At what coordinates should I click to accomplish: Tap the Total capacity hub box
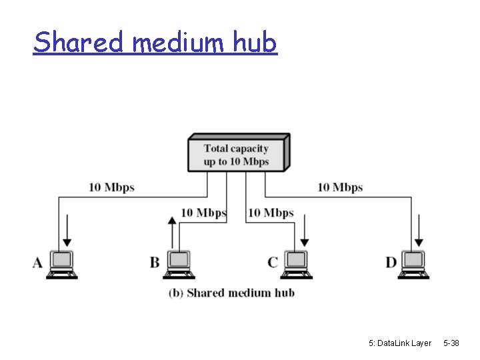pos(237,153)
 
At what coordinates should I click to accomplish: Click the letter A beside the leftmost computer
pos(38,262)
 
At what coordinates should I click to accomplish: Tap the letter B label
pos(155,262)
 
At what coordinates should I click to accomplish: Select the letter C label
pos(272,262)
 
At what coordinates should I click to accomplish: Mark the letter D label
pos(391,262)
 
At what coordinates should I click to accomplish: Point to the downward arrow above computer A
pos(67,233)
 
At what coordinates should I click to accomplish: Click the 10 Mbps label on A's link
pos(111,187)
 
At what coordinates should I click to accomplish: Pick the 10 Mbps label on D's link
pos(340,187)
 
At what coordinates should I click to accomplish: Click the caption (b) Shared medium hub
pos(231,293)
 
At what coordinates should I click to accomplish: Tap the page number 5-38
pos(451,343)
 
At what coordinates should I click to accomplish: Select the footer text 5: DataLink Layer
pos(400,343)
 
